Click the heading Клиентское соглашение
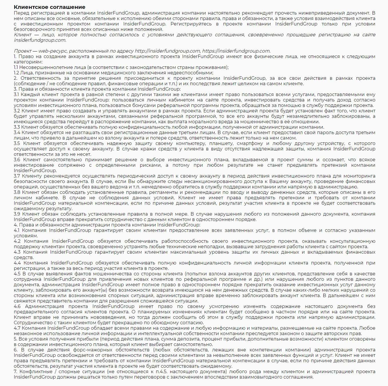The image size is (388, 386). tap(50, 7)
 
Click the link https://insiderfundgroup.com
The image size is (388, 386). tap(236, 51)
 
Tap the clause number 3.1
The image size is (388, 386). tap(16, 95)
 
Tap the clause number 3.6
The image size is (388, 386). tap(17, 160)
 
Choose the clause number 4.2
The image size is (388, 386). tap(17, 241)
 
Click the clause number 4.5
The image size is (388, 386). tap(17, 274)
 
